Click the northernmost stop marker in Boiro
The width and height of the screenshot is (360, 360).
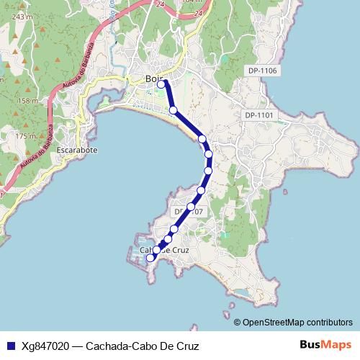[x=161, y=84]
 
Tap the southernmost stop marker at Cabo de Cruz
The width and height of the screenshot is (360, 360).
[x=150, y=258]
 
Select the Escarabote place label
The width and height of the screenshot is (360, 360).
[x=77, y=150]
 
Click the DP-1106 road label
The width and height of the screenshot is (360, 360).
[x=262, y=71]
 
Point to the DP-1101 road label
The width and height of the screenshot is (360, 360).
[x=259, y=115]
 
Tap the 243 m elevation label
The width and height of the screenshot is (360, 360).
[x=23, y=16]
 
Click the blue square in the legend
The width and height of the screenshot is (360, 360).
[x=9, y=345]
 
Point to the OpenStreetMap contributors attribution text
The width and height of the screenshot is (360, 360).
[x=297, y=323]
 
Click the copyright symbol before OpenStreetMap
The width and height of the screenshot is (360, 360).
[x=238, y=323]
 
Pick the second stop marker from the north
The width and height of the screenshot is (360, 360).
[x=174, y=110]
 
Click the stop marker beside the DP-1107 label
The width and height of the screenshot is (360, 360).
[x=191, y=207]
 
